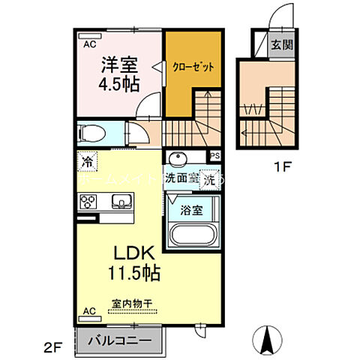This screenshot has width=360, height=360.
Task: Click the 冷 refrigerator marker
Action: [88, 160]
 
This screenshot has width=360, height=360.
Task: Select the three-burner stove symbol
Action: [88, 201]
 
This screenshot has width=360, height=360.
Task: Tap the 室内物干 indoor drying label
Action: [132, 304]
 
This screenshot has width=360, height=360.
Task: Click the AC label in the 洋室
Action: [87, 43]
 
